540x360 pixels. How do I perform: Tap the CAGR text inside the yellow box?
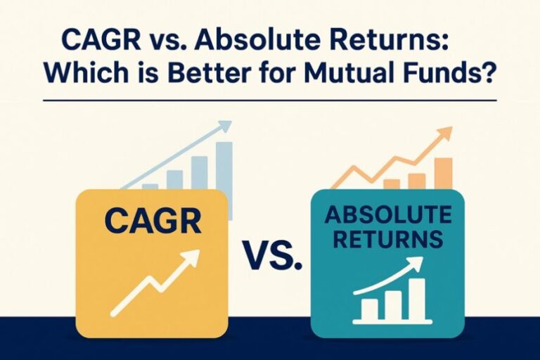point(152,220)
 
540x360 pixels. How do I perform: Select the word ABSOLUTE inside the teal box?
point(387,213)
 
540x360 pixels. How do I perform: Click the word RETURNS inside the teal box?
point(387,239)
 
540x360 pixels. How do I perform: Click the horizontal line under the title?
point(269,101)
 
